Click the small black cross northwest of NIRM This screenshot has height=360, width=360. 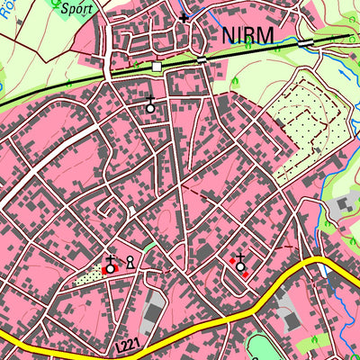[184, 17]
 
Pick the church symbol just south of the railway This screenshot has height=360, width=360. [150, 104]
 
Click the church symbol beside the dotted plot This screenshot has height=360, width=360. [110, 265]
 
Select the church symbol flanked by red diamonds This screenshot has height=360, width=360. [240, 263]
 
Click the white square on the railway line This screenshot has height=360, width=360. [157, 67]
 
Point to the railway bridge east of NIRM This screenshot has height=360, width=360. [307, 42]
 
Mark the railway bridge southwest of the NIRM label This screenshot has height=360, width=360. [202, 58]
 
